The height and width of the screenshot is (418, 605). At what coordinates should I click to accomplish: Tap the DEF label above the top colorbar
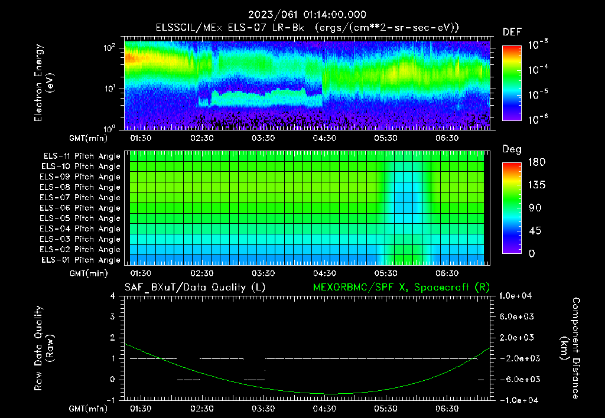coord(512,32)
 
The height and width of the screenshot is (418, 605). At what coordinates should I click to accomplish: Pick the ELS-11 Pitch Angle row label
coord(80,156)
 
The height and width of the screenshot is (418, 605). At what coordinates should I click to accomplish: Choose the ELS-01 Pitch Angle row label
coord(80,260)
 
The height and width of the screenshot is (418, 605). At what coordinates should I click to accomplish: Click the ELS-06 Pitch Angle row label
coord(80,208)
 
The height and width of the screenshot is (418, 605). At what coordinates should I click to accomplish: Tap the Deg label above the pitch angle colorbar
coord(512,149)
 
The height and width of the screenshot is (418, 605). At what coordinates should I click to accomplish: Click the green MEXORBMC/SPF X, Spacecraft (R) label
coord(401,287)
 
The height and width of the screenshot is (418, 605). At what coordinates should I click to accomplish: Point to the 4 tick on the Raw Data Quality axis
coord(113,296)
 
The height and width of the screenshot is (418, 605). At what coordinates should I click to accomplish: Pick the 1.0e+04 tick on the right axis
coord(517,296)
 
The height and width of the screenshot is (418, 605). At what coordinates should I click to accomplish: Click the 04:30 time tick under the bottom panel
coord(324,409)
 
